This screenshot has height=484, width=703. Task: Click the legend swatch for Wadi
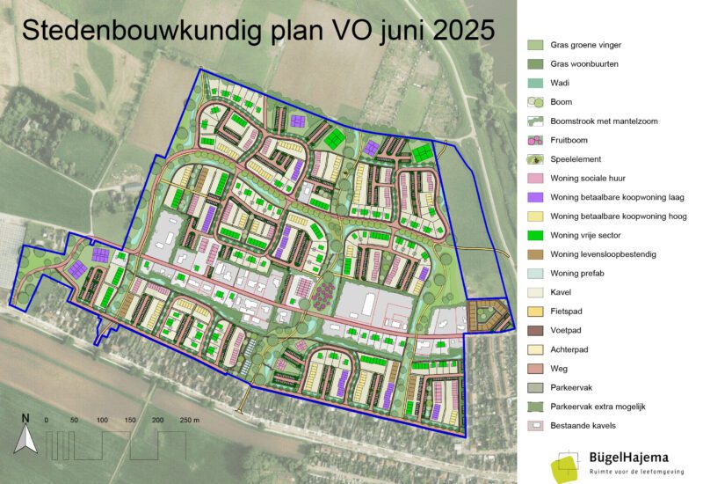(x=535, y=83)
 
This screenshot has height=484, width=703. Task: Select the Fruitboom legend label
(x=571, y=140)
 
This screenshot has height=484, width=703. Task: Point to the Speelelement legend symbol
(x=535, y=159)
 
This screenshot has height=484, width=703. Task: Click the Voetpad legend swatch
(x=535, y=331)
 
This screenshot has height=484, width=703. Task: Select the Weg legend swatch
(x=535, y=369)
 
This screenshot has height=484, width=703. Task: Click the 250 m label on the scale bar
(x=190, y=422)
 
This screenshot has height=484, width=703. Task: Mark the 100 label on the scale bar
(x=102, y=422)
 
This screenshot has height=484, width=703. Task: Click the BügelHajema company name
(x=629, y=458)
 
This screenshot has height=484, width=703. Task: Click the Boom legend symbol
(x=535, y=102)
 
